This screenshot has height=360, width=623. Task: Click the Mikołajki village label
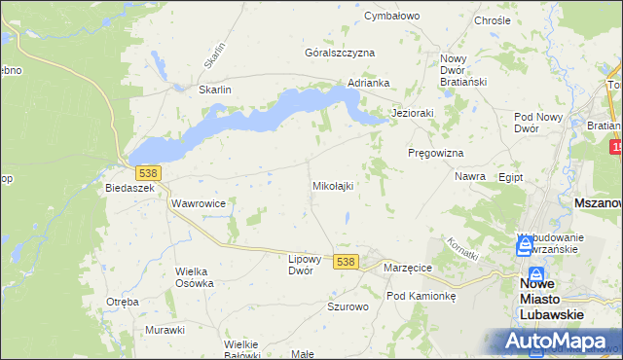(x=332, y=185)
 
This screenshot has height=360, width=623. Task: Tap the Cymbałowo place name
(x=391, y=17)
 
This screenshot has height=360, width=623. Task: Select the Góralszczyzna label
(x=340, y=53)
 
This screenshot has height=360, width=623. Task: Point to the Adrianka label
(x=369, y=83)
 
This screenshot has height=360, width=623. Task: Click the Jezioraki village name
(x=412, y=113)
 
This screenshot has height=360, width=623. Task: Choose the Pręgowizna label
(x=435, y=154)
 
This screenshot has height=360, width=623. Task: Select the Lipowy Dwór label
(x=305, y=265)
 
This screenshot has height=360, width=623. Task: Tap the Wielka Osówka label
(x=194, y=277)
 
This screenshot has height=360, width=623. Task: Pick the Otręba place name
(x=123, y=302)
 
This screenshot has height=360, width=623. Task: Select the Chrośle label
(x=492, y=20)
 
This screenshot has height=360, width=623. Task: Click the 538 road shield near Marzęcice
(x=345, y=262)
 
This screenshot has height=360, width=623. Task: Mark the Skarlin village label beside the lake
(x=215, y=90)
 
